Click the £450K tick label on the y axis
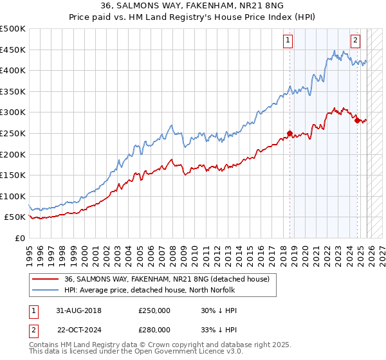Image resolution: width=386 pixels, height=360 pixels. [x=13, y=50]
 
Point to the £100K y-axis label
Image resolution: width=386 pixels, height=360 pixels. [x=13, y=196]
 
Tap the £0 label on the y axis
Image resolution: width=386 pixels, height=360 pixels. [x=19, y=238]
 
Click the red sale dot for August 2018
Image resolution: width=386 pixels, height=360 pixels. [x=289, y=134]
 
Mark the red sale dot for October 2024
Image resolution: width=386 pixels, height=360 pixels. [x=357, y=120]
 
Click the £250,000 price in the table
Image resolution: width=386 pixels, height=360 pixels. [x=154, y=310]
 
